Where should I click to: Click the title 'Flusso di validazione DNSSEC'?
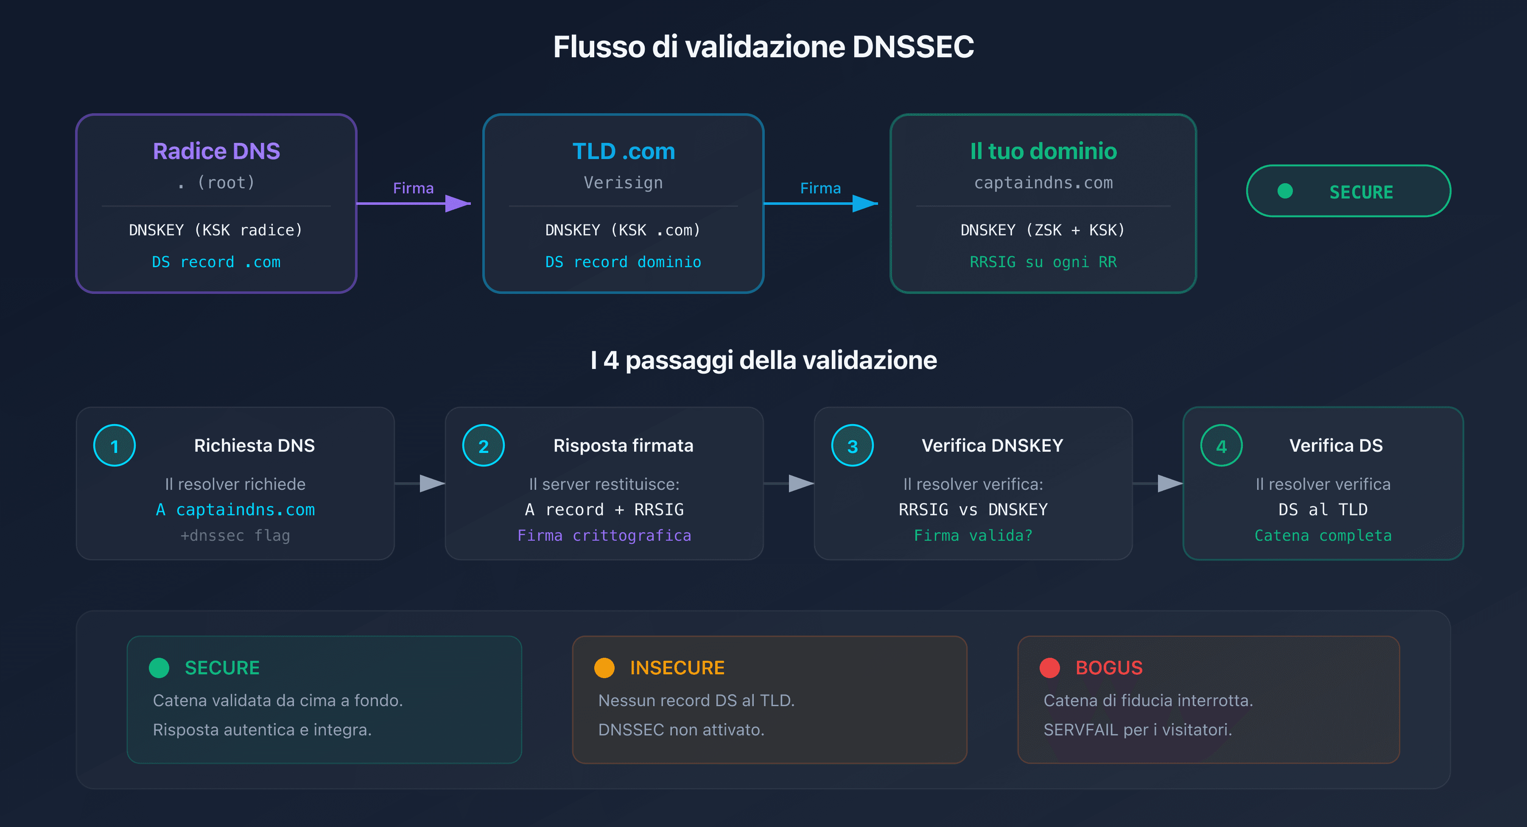(763, 47)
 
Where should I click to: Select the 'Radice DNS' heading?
(216, 151)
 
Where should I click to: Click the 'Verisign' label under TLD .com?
(623, 183)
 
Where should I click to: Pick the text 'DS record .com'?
(216, 262)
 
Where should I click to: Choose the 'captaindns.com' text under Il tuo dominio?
(1043, 183)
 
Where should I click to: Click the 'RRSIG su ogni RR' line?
(1043, 262)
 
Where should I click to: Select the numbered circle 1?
(115, 446)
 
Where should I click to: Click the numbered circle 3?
(853, 446)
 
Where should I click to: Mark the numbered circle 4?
(1221, 446)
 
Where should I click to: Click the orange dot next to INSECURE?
(604, 668)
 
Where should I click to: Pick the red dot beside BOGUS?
(1049, 668)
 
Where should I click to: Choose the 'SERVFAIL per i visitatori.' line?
(1138, 730)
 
